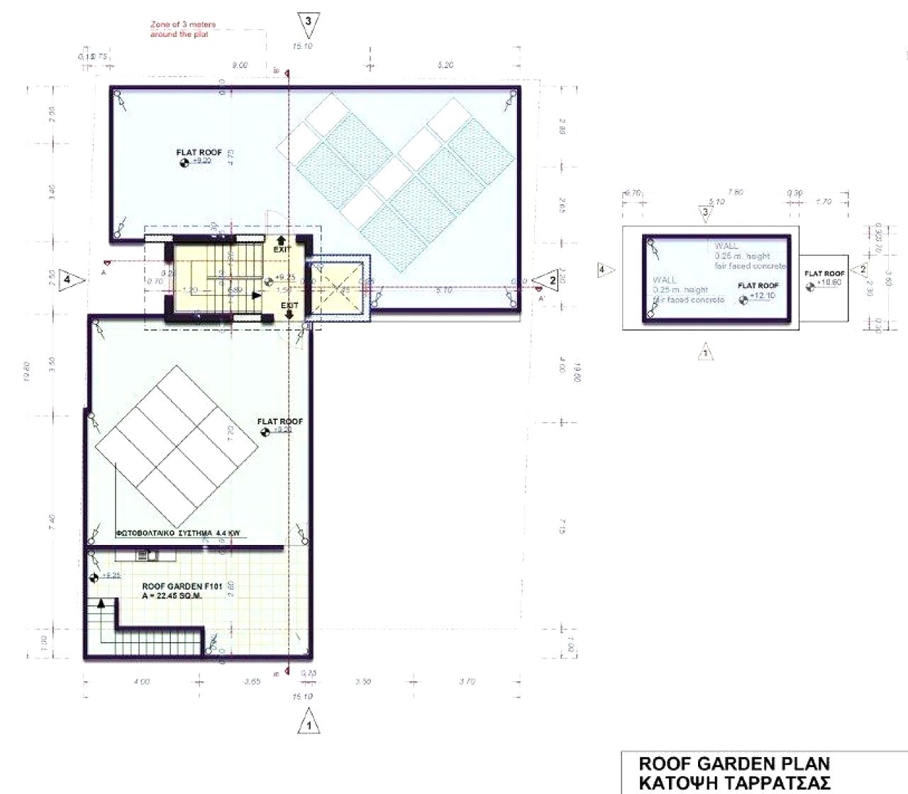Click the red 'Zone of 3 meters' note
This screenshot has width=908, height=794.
click(x=182, y=29)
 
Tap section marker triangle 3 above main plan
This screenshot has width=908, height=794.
click(x=308, y=22)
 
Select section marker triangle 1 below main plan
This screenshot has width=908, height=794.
click(x=309, y=724)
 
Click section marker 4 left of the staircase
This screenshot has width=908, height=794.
click(x=69, y=279)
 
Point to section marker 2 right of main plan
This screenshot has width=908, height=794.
click(x=550, y=280)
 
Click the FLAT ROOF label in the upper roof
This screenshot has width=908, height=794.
click(x=199, y=153)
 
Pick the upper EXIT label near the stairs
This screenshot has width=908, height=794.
click(x=282, y=249)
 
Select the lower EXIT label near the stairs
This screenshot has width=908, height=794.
click(x=289, y=306)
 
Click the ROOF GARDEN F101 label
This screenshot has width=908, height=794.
click(x=183, y=586)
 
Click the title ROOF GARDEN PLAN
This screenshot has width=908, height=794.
click(x=734, y=764)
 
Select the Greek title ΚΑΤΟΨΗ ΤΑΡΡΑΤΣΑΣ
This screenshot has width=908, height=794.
click(x=734, y=783)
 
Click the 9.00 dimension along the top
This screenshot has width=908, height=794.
click(x=240, y=65)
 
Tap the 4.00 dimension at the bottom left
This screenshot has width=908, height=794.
click(x=141, y=682)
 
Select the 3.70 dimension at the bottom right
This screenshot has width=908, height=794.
click(x=466, y=681)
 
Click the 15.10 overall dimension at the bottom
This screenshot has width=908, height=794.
click(x=302, y=697)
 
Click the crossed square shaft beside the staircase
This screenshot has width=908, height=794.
click(x=338, y=290)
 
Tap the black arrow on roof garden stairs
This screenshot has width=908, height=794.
click(x=101, y=603)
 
